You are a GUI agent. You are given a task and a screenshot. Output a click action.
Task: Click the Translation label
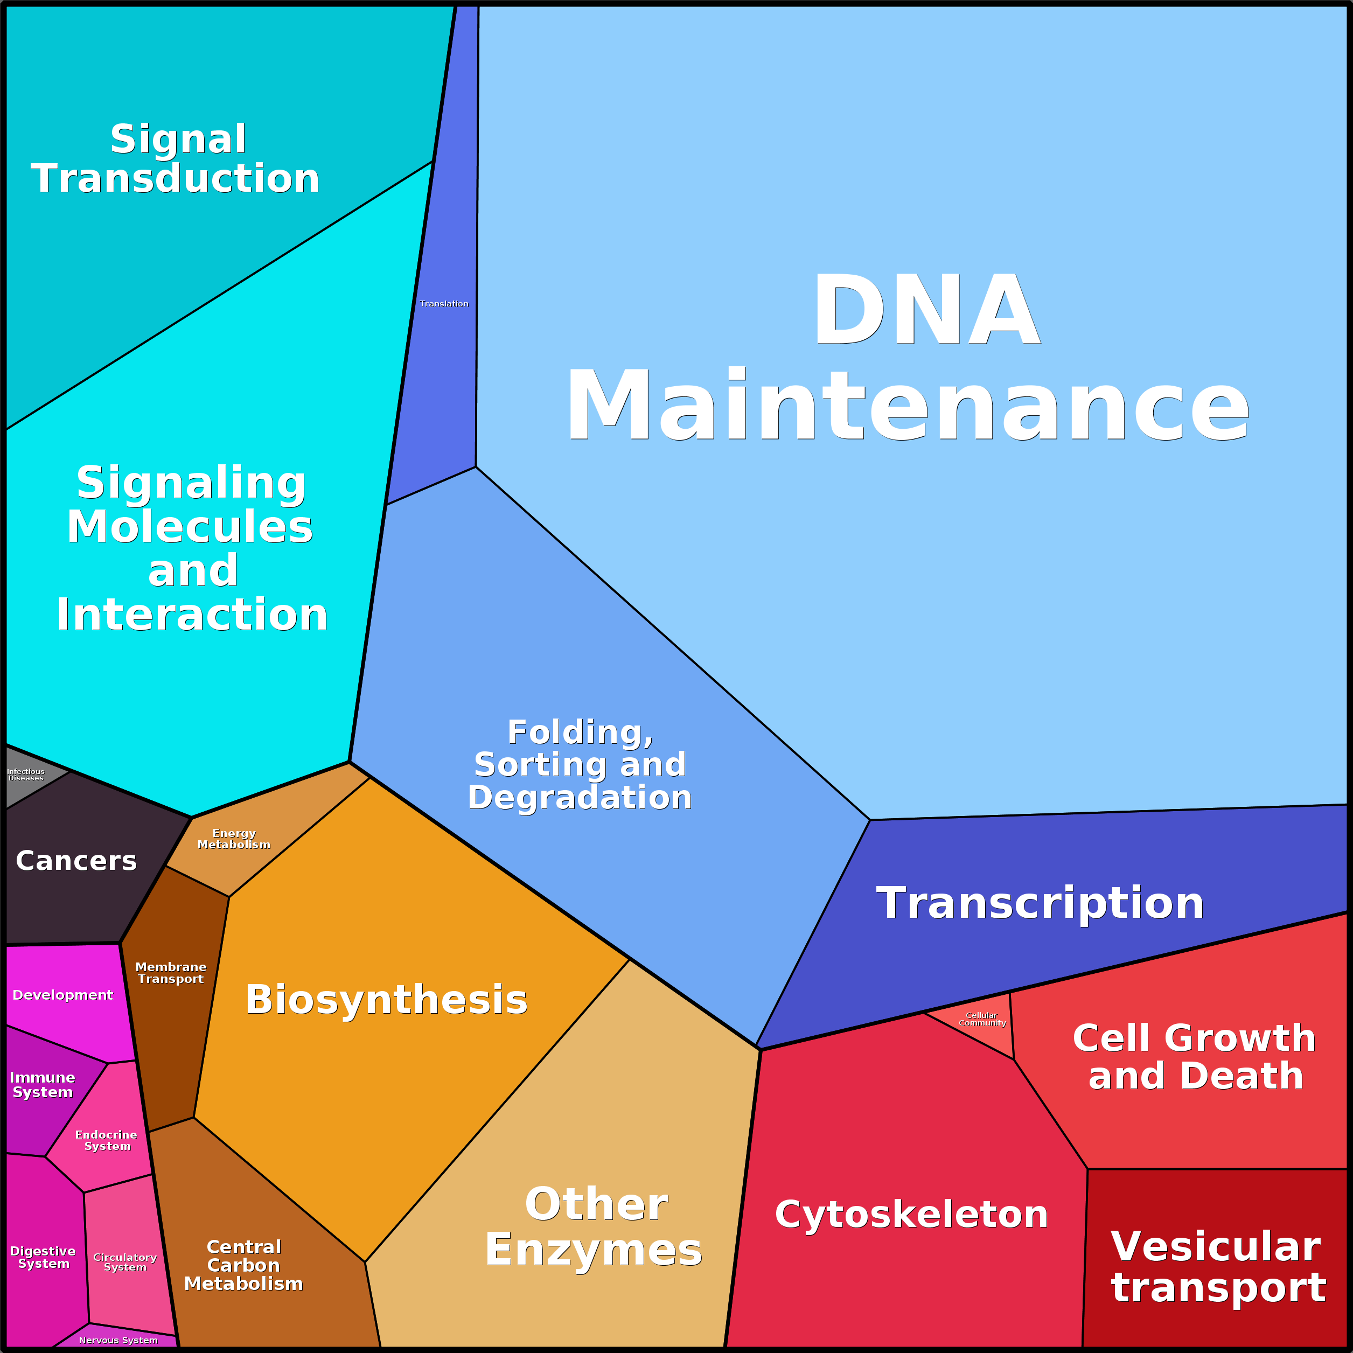(x=444, y=303)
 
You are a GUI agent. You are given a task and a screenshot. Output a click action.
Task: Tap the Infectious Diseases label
(x=26, y=775)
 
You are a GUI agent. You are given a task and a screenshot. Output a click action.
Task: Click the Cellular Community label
(x=982, y=1019)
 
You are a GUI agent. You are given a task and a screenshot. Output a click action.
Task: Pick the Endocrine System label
(x=107, y=1140)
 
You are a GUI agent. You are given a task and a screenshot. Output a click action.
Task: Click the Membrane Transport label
(x=171, y=973)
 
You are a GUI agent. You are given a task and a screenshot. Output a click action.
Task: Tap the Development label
(x=62, y=995)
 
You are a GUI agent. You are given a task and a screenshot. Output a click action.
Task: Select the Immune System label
(x=43, y=1085)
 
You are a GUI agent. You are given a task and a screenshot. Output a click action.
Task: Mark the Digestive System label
(x=43, y=1257)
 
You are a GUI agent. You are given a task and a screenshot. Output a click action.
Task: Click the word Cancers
(x=76, y=861)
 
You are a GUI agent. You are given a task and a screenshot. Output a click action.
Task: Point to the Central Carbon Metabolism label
(x=243, y=1265)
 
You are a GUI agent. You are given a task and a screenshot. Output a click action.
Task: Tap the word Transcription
(x=1040, y=903)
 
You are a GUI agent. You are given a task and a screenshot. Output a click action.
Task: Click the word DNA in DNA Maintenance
(x=926, y=310)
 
